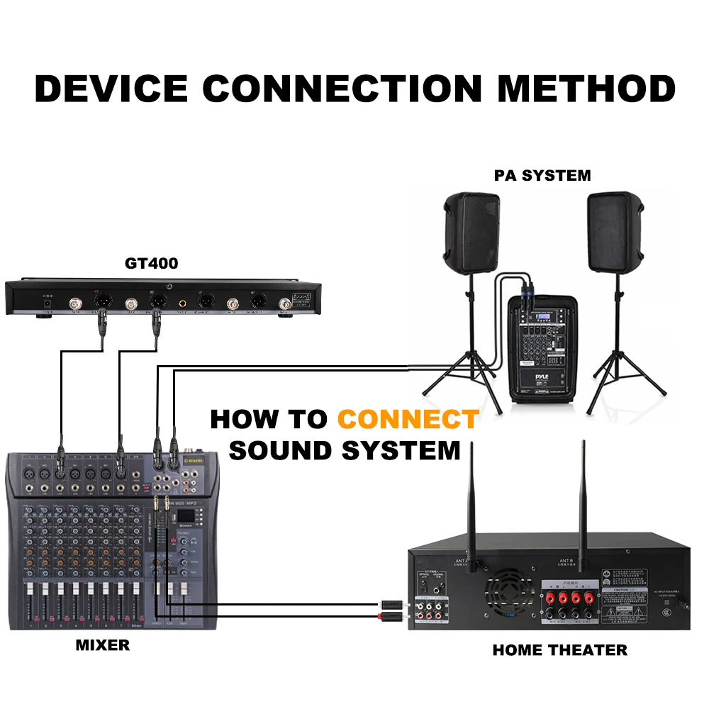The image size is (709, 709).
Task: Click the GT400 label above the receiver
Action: [152, 264]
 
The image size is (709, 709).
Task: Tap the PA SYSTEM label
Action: [542, 175]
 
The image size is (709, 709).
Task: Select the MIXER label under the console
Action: [103, 645]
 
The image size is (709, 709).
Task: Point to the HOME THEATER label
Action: [559, 649]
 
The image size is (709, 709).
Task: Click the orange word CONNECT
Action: [408, 419]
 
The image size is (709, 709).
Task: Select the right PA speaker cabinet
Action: [615, 231]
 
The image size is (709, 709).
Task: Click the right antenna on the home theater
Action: [583, 496]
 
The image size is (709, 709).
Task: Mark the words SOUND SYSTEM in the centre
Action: [345, 450]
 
